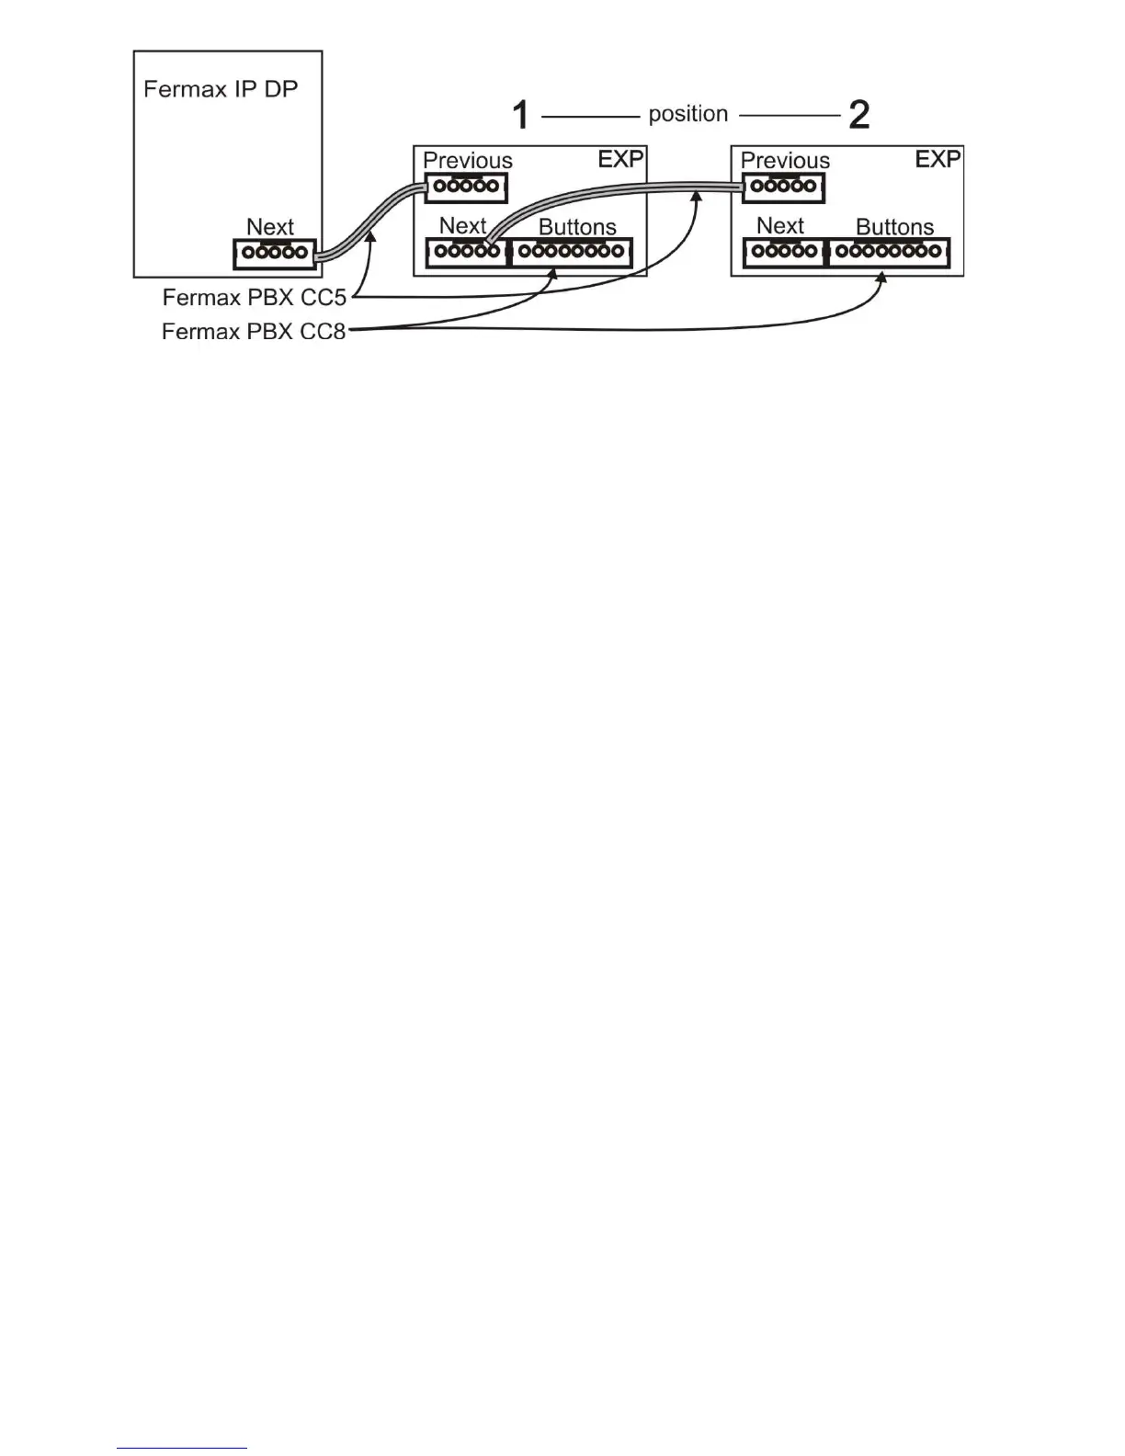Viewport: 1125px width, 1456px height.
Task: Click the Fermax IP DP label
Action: pos(221,89)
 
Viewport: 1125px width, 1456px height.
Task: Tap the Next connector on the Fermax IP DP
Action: pos(274,254)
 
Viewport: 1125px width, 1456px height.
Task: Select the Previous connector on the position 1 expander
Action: pos(466,188)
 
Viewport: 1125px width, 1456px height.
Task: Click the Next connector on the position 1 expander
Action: pos(467,252)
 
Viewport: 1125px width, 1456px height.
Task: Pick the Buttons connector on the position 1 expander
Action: pos(571,252)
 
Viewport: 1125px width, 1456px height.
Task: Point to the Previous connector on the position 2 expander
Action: pos(783,188)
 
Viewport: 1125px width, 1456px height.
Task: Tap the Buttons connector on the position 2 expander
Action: pos(889,252)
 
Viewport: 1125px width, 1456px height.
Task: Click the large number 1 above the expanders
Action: pos(520,116)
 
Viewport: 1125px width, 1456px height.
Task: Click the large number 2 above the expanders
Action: pos(858,115)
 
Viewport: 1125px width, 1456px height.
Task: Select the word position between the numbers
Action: pos(687,114)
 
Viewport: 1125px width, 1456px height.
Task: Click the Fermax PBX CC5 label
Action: pos(254,298)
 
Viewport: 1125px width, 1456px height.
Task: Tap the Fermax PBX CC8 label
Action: pos(254,331)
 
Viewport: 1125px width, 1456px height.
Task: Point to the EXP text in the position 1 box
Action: pos(620,159)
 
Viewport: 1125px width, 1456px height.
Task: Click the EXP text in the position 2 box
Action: pos(937,159)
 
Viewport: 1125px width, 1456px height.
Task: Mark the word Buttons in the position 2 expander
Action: pos(894,227)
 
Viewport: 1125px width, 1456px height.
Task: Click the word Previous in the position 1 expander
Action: pos(467,161)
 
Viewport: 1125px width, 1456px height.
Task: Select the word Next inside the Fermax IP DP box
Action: pos(270,227)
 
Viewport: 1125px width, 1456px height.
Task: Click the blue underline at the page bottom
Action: pos(182,1449)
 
